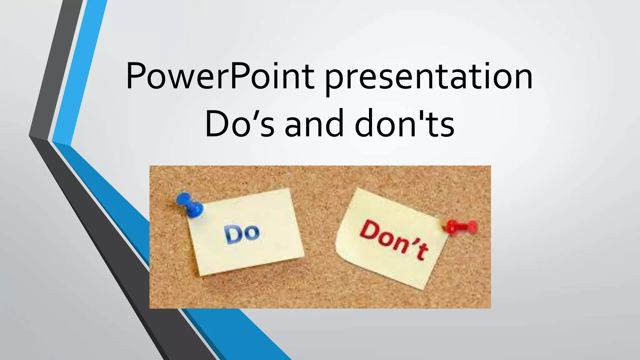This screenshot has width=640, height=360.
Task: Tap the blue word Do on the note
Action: [x=242, y=233]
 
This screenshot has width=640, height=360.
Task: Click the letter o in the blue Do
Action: [x=252, y=234]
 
